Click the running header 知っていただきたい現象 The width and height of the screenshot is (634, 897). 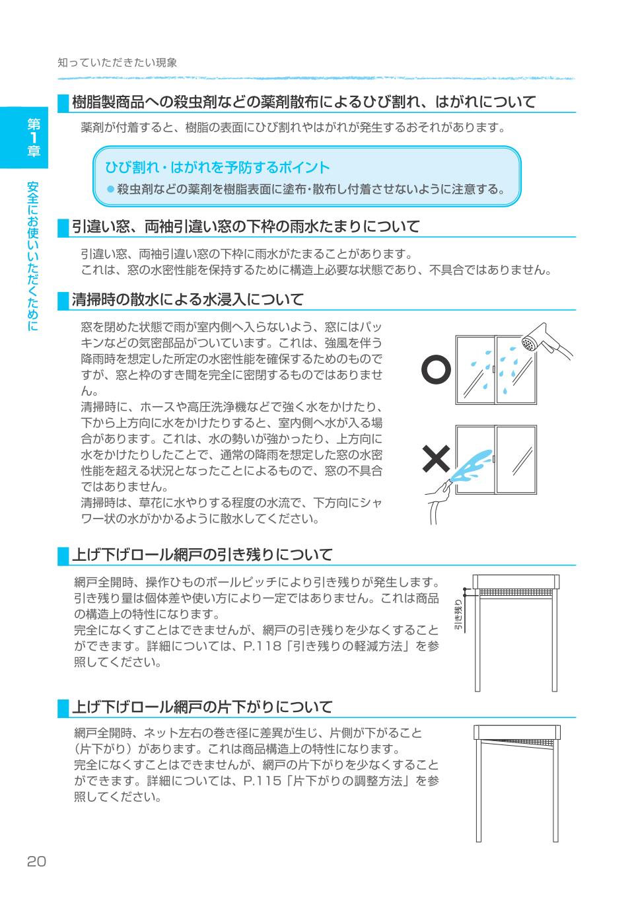117,63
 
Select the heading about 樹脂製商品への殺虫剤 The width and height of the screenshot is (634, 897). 303,102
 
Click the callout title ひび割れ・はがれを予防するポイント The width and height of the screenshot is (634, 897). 217,167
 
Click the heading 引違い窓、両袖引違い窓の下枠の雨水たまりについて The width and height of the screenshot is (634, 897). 245,227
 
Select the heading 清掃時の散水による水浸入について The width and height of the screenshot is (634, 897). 188,299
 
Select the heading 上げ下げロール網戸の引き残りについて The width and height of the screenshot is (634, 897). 201,554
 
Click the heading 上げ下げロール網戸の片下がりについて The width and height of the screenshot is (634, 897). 201,707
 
